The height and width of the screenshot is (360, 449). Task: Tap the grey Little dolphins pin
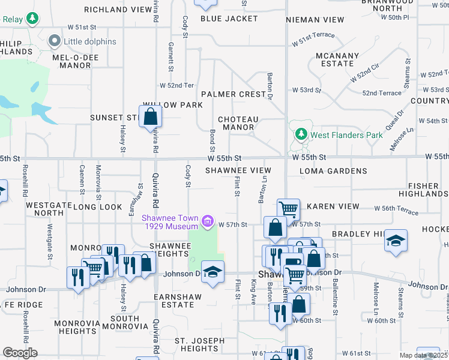56,41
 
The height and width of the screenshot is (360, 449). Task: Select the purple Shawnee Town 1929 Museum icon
208,223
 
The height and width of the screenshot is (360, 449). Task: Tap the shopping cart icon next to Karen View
289,210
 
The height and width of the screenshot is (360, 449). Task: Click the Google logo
20,353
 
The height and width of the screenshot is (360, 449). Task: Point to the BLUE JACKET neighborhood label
229,19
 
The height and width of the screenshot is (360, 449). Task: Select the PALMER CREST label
234,94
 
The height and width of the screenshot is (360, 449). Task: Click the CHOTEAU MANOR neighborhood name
238,123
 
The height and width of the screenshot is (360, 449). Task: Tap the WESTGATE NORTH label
49,209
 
